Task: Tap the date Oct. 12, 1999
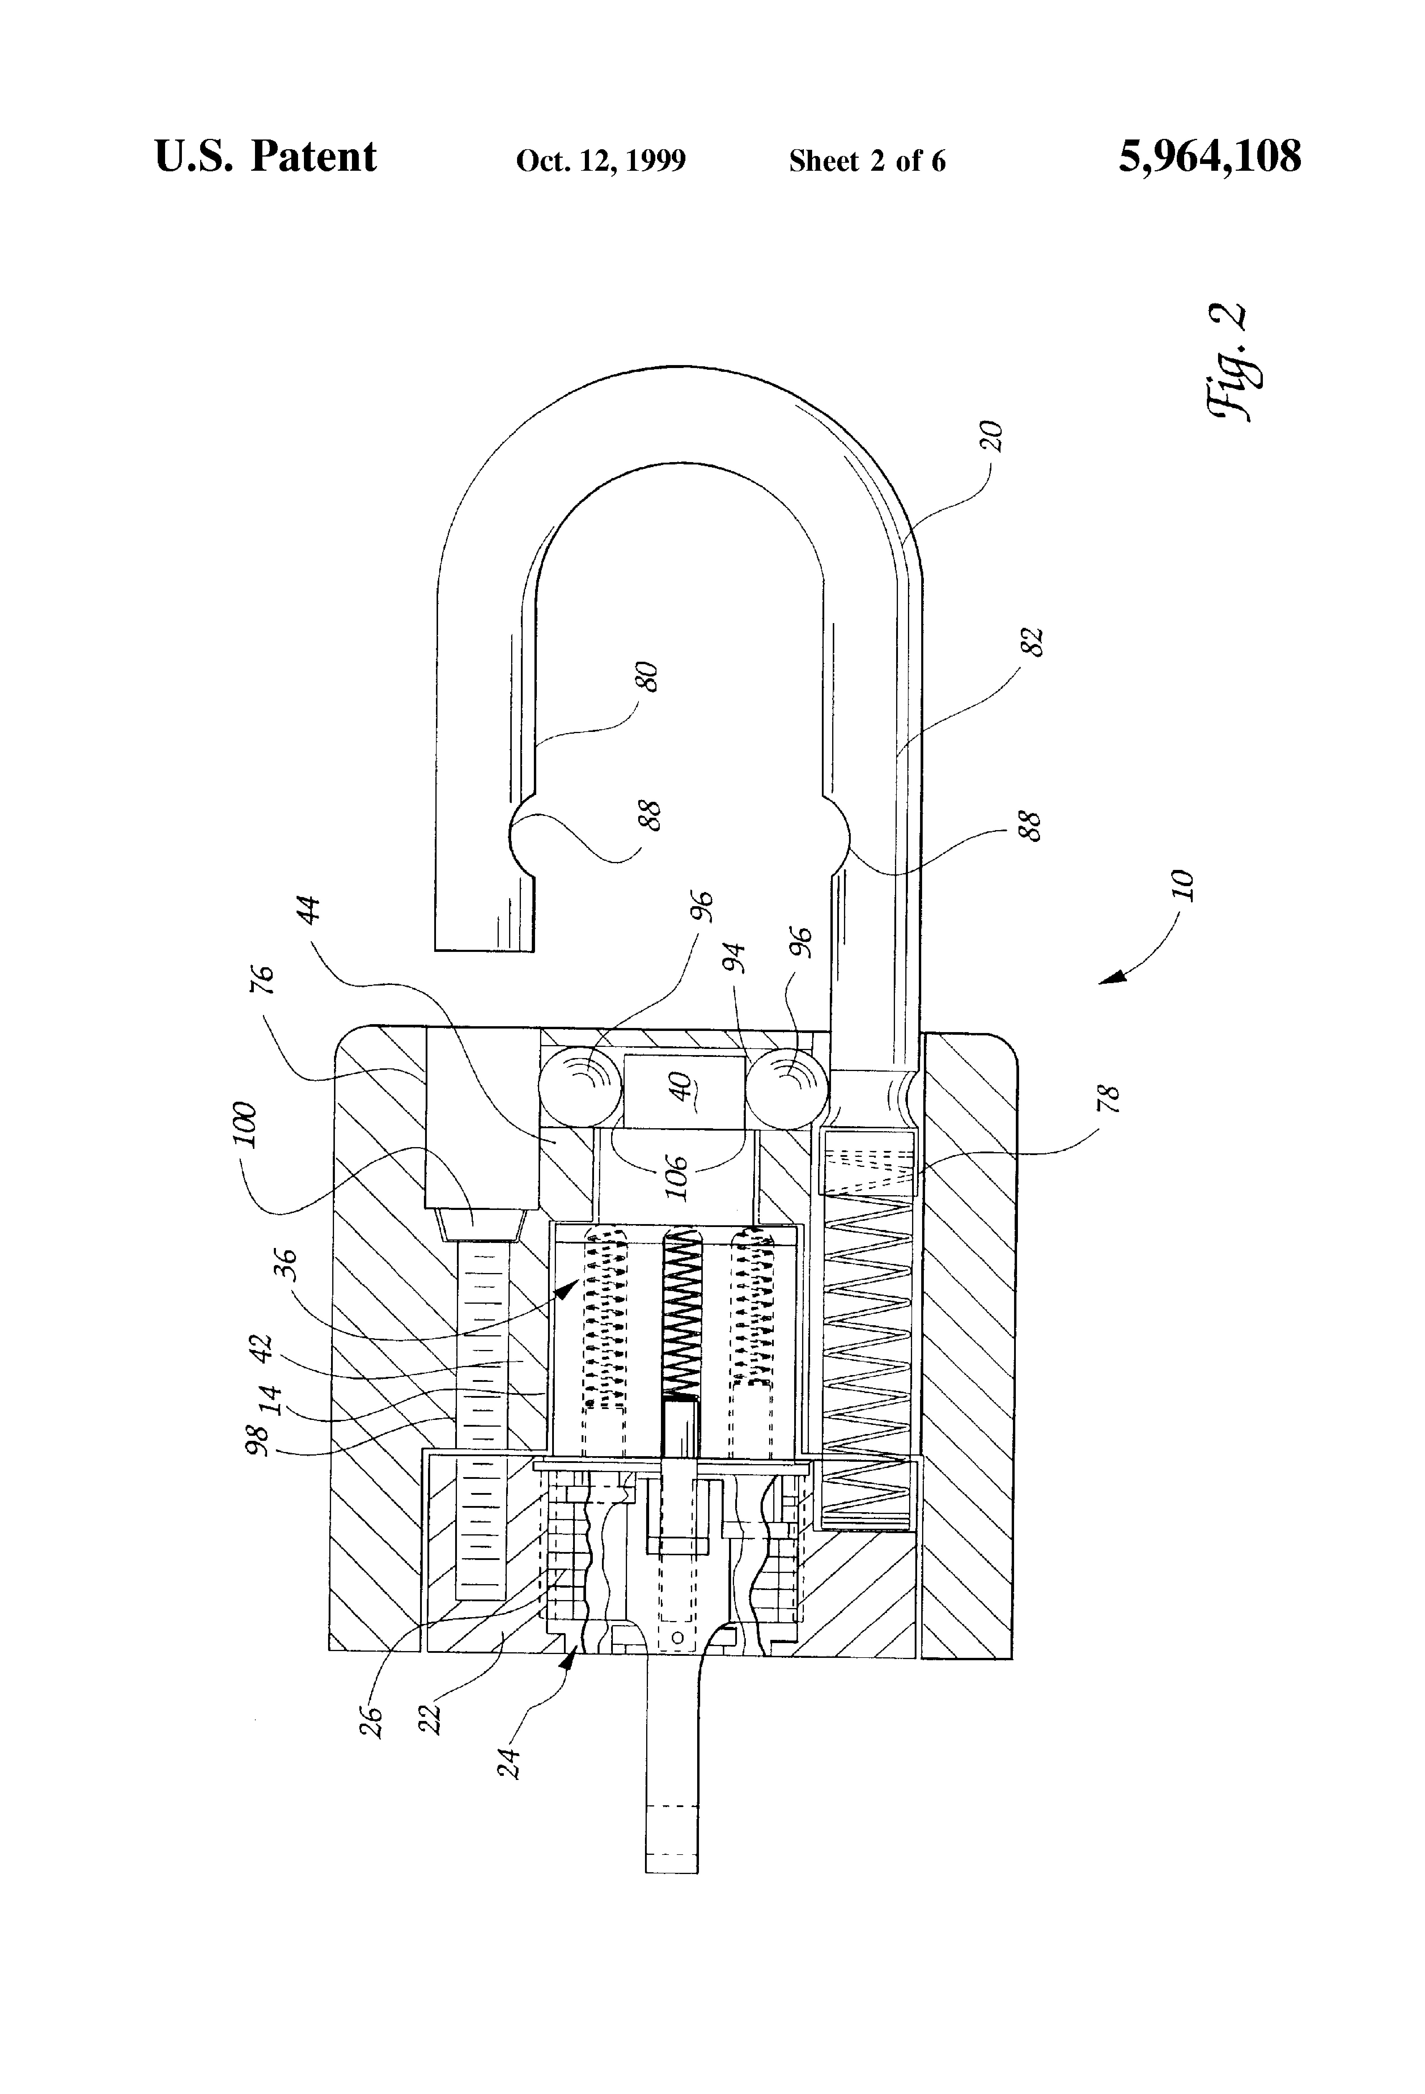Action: click(601, 160)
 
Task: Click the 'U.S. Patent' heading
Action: click(266, 157)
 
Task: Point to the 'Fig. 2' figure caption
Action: click(1227, 360)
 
